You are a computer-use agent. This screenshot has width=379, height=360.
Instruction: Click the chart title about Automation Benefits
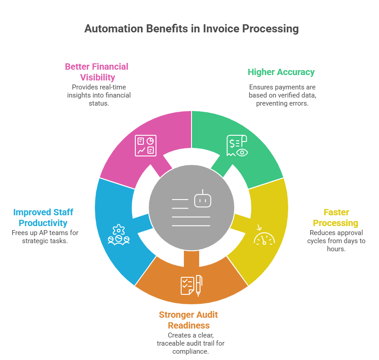tap(191, 29)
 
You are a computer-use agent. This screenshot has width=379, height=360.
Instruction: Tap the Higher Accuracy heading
tap(281, 72)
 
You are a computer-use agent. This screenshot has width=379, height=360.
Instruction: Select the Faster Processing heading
tap(335, 218)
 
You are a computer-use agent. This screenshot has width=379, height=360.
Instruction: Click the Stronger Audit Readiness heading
tap(188, 320)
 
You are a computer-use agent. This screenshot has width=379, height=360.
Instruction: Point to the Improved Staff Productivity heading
tap(43, 218)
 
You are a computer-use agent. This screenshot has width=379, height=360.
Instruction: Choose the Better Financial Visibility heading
tap(97, 72)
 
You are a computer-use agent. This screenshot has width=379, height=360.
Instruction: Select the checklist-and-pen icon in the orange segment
tap(191, 285)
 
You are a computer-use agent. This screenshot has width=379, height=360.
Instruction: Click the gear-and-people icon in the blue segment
tap(119, 235)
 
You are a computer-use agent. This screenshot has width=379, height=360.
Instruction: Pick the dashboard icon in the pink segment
tap(146, 146)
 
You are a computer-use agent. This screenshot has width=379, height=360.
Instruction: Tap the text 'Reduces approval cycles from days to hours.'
tap(336, 240)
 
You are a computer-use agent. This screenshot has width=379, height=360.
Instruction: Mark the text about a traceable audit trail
tap(190, 343)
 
